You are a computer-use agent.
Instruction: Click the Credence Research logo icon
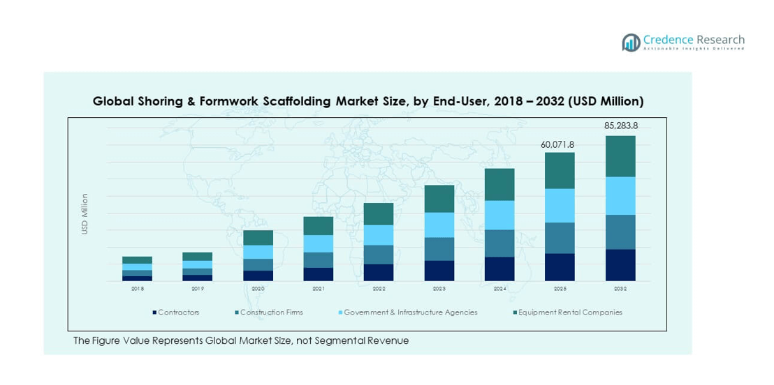(631, 43)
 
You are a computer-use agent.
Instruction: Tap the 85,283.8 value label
(620, 126)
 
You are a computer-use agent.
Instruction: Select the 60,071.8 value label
(557, 144)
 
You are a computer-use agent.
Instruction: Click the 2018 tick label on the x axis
(137, 288)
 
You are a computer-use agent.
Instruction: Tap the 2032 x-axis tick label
(620, 288)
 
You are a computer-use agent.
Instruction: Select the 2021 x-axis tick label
(318, 288)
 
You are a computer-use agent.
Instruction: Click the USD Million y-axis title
(85, 213)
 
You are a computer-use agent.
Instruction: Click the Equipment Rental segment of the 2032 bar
(620, 156)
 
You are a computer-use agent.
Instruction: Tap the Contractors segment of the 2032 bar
(620, 265)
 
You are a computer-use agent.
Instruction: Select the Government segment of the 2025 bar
(560, 206)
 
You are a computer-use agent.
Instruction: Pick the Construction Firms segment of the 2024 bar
(499, 243)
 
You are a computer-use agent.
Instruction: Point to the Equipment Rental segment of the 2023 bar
(439, 199)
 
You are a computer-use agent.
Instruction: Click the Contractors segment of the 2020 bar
(258, 275)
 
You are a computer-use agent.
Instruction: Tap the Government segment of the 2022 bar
(379, 235)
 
